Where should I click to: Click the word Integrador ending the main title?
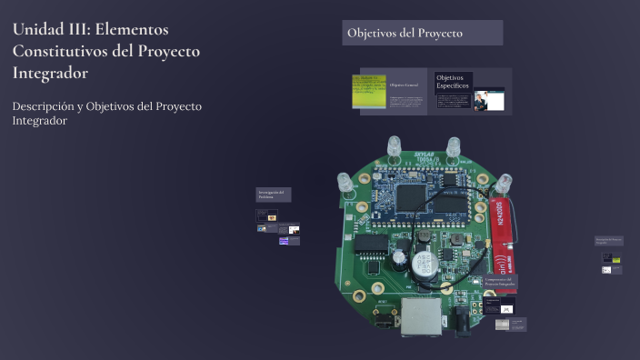(x=50, y=73)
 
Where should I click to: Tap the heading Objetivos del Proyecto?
(x=405, y=34)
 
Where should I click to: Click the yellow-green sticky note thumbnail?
(x=368, y=91)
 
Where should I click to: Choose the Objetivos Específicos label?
(x=453, y=82)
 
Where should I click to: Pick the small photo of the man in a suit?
(x=487, y=99)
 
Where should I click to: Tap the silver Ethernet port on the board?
(x=422, y=315)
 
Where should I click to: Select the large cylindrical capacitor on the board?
(x=423, y=264)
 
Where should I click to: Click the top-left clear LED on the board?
(x=394, y=147)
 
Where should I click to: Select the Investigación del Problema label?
(x=271, y=195)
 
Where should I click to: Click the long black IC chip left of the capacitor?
(x=372, y=244)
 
